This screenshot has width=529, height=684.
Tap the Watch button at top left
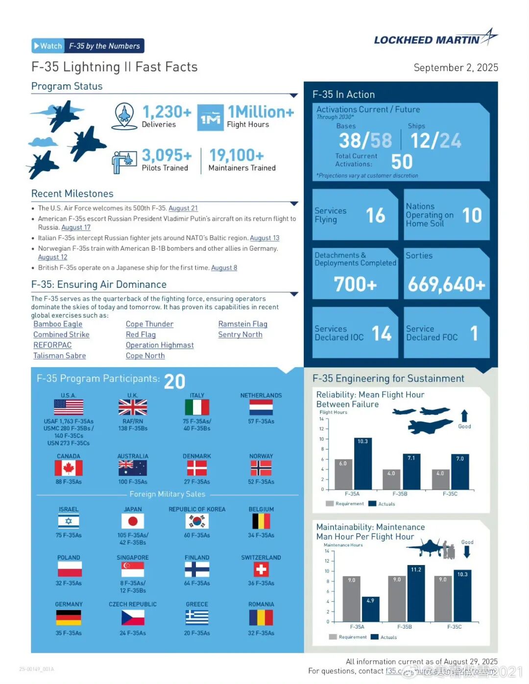coord(48,46)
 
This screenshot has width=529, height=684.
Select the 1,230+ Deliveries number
coord(167,112)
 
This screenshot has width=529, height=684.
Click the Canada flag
coord(69,468)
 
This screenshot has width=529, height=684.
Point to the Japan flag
coord(133,521)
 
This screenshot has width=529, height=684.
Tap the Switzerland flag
coord(261,569)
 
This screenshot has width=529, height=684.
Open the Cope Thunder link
coord(149,324)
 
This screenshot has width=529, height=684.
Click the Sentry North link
coord(240,334)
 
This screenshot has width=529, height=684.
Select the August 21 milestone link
coord(183,208)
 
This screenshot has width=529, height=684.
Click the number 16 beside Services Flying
coord(376,215)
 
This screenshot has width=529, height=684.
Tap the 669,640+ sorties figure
coord(446,284)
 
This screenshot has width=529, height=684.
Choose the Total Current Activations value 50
coord(402,162)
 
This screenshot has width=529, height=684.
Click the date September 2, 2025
coord(456,68)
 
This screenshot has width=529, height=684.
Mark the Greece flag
coord(197,617)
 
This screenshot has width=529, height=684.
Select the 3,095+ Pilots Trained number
coord(167,156)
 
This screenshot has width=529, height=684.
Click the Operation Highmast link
coord(160,345)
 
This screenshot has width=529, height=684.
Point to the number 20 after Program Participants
coord(174,381)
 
